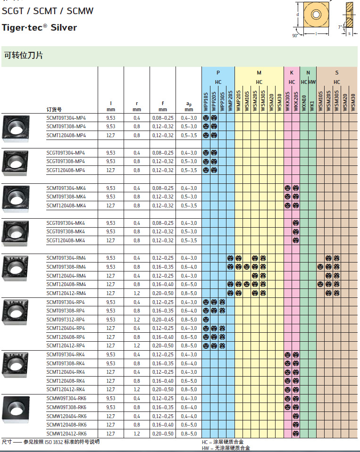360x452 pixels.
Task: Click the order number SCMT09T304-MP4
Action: (x=66, y=118)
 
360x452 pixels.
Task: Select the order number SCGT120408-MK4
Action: (x=66, y=240)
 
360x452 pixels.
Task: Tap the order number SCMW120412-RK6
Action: (x=67, y=434)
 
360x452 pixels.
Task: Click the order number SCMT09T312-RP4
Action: (x=66, y=320)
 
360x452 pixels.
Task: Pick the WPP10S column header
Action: (x=206, y=102)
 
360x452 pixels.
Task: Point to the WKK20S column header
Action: (x=296, y=102)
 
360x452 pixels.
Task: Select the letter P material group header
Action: (x=218, y=73)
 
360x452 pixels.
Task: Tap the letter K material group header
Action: (x=292, y=73)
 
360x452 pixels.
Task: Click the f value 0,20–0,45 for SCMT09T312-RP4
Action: (x=163, y=320)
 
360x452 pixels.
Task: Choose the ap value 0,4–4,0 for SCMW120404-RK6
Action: (x=188, y=416)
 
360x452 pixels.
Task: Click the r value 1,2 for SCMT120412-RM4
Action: (x=136, y=293)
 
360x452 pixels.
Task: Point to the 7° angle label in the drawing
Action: (x=340, y=27)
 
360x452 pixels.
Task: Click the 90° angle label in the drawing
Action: (x=295, y=35)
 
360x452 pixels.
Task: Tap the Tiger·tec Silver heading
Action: (x=39, y=27)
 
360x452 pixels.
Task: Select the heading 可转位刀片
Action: (x=24, y=55)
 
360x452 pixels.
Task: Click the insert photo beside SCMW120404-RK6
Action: (x=16, y=408)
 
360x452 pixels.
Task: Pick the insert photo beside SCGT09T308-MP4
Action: (x=16, y=161)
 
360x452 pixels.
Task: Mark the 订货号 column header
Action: (x=55, y=109)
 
